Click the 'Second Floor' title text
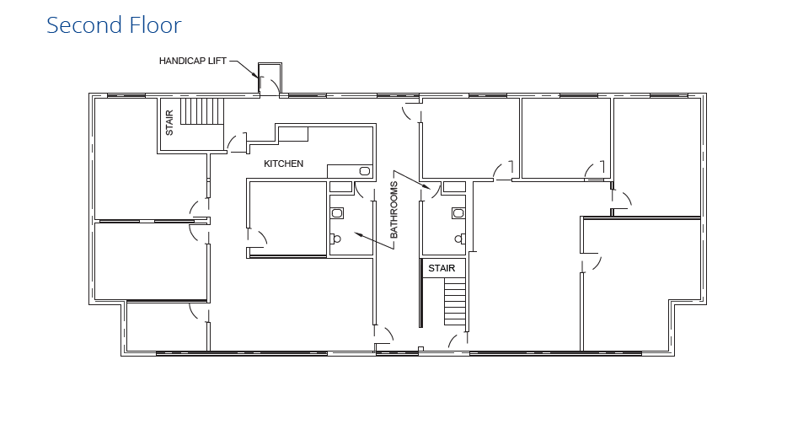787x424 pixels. (114, 25)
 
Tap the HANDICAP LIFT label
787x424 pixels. (193, 61)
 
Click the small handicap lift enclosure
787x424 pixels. (270, 78)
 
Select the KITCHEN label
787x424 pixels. (284, 164)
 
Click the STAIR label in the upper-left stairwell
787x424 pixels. (169, 124)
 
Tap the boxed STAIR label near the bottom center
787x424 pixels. (442, 268)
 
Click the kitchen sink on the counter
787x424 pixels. (364, 171)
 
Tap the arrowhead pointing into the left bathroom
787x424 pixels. (358, 233)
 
